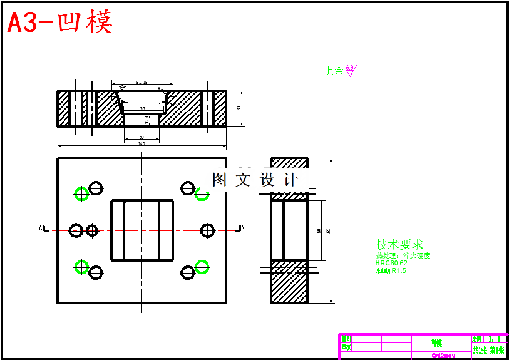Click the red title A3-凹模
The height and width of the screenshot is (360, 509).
pyautogui.click(x=61, y=23)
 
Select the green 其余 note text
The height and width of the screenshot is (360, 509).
pyautogui.click(x=334, y=71)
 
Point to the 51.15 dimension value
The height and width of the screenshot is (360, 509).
pyautogui.click(x=141, y=82)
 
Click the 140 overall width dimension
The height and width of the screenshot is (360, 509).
pyautogui.click(x=141, y=144)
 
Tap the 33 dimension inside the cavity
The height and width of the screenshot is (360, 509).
pyautogui.click(x=142, y=109)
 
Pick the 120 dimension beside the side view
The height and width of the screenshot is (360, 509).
pyautogui.click(x=329, y=230)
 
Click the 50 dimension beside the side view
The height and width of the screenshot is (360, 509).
pyautogui.click(x=319, y=230)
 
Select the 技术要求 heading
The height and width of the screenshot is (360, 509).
pyautogui.click(x=399, y=244)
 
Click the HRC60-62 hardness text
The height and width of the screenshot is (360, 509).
pyautogui.click(x=391, y=263)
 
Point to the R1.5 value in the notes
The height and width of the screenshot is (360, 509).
pyautogui.click(x=399, y=271)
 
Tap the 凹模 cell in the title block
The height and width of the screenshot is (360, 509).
pyautogui.click(x=436, y=343)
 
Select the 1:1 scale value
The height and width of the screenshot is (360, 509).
pyautogui.click(x=494, y=338)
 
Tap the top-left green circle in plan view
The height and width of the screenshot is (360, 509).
pyautogui.click(x=81, y=193)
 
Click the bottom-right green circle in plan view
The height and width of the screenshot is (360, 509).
pyautogui.click(x=202, y=267)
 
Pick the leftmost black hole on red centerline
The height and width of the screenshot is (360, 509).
pyautogui.click(x=76, y=230)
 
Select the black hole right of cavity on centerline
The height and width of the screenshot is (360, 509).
pyautogui.click(x=208, y=230)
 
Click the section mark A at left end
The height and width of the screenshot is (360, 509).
pyautogui.click(x=41, y=229)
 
